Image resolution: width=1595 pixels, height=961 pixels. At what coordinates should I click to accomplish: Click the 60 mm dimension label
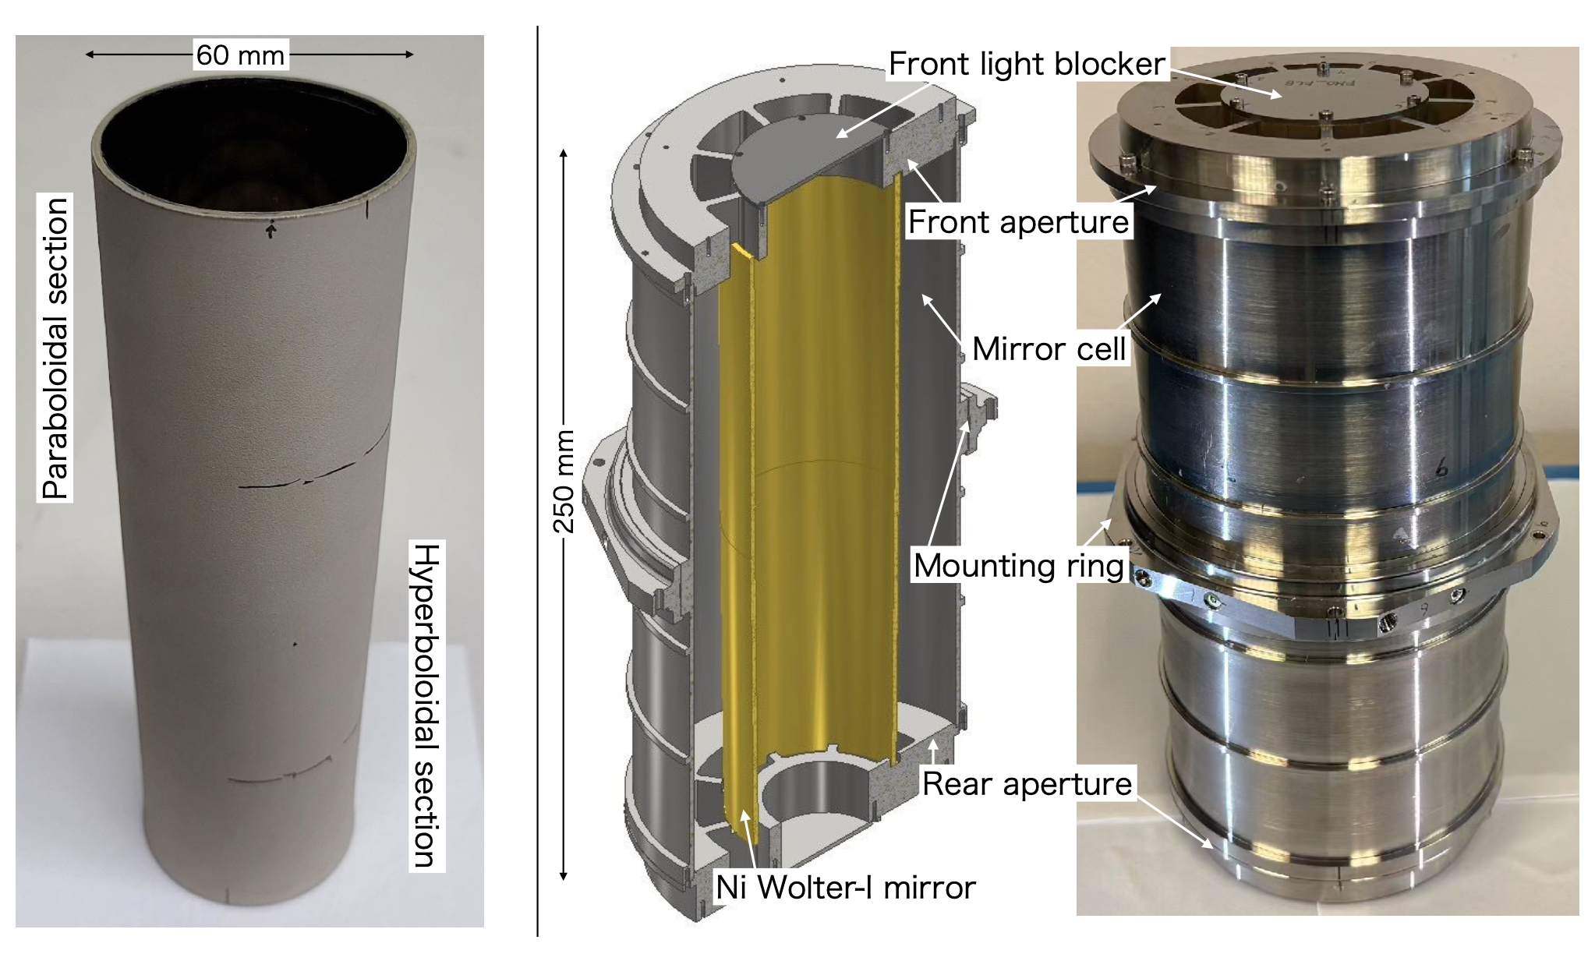click(x=240, y=55)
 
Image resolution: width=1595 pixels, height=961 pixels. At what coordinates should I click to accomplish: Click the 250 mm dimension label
click(x=564, y=482)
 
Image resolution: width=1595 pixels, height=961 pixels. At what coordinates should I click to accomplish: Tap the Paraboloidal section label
click(x=55, y=348)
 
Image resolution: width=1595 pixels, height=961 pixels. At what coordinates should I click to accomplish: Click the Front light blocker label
click(x=1027, y=64)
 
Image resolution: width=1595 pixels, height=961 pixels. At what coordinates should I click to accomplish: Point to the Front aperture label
click(x=1018, y=222)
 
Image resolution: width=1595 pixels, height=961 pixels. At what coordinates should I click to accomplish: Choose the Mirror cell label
click(x=1049, y=349)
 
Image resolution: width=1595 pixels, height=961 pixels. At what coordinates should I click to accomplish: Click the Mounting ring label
click(x=1020, y=566)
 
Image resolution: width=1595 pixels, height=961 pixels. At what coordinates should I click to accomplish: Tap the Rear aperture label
click(x=1027, y=784)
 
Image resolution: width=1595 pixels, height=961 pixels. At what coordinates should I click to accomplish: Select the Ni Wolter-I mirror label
click(x=845, y=888)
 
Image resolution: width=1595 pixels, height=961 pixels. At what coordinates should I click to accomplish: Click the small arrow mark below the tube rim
click(x=271, y=231)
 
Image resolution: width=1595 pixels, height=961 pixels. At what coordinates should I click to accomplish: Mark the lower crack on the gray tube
click(x=281, y=773)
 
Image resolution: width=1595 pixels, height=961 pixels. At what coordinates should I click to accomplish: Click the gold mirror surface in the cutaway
click(x=819, y=468)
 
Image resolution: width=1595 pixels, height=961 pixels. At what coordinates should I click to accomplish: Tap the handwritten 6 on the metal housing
click(x=1441, y=467)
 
